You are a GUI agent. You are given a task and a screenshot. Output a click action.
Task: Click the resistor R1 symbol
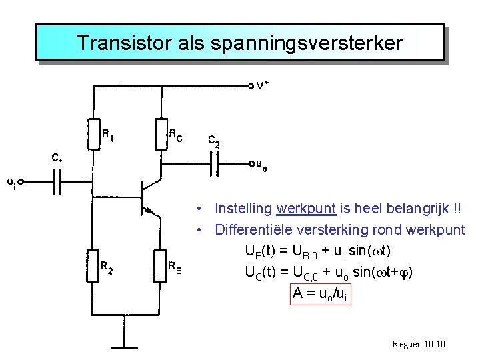point(93,133)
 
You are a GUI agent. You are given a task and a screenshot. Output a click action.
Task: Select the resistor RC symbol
point(161,133)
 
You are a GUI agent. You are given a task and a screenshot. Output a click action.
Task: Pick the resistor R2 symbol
point(93,265)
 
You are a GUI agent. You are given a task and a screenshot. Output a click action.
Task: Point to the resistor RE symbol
point(161,265)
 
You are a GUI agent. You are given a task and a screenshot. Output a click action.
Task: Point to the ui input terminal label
point(13,181)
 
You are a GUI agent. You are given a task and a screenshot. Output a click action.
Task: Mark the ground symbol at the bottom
point(125,345)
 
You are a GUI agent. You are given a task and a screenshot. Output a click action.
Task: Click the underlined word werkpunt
point(306,209)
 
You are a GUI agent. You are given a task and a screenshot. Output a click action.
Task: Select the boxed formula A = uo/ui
point(319,293)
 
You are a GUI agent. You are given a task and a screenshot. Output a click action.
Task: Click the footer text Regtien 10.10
point(419,344)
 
